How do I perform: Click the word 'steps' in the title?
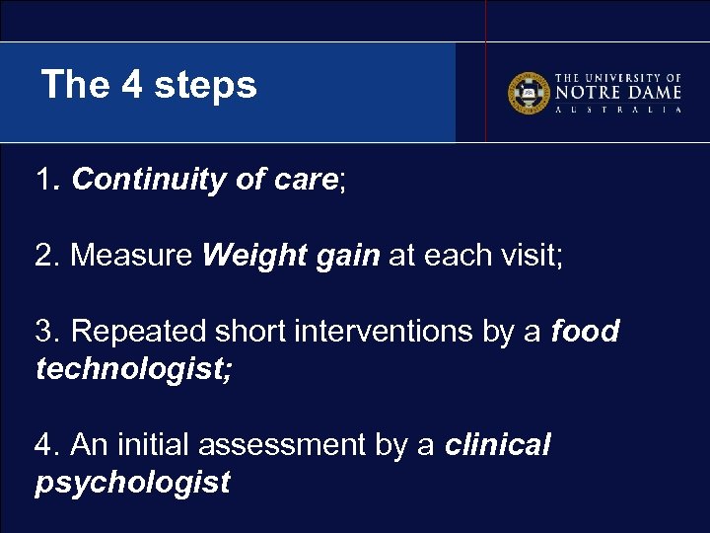click(211, 85)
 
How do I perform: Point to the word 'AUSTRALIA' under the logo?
click(618, 111)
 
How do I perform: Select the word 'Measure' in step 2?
click(132, 256)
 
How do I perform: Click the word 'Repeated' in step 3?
click(136, 332)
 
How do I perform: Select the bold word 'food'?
click(585, 332)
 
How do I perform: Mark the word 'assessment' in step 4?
click(283, 445)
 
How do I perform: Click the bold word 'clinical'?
click(497, 445)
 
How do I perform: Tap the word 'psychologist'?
click(132, 483)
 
